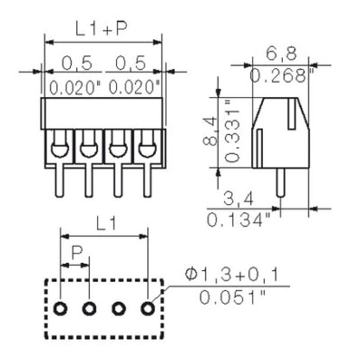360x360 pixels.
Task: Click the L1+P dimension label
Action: pos(101,29)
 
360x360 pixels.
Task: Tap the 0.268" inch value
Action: pos(281,76)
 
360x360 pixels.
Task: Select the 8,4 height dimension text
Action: pos(223,125)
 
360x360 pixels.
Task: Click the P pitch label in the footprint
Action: pos(77,254)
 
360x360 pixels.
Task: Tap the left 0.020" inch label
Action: pos(72,87)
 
